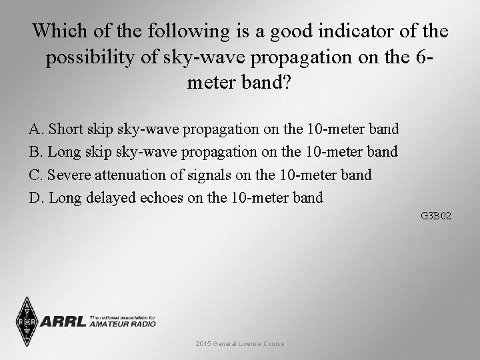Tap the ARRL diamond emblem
(x=27, y=322)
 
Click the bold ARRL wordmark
(x=63, y=322)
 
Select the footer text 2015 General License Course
(x=240, y=343)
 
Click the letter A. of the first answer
(x=37, y=129)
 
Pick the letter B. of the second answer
(x=37, y=152)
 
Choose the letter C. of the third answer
(x=37, y=175)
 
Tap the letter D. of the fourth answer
(x=37, y=198)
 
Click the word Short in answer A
(x=65, y=129)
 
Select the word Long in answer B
(x=64, y=152)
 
